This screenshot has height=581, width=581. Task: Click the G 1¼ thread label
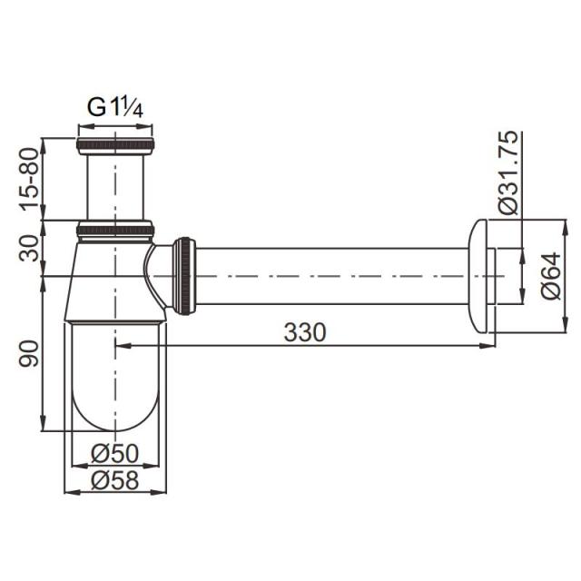click(115, 108)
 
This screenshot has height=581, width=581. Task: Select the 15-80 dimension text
click(30, 179)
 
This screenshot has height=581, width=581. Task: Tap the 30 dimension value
click(29, 248)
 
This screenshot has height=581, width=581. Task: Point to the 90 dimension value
click(29, 353)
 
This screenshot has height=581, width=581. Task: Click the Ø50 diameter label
click(115, 453)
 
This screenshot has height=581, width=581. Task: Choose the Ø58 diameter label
click(115, 480)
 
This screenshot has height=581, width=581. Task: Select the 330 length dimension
click(305, 332)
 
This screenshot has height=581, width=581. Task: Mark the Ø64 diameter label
click(551, 275)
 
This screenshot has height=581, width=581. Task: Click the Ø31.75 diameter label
click(507, 172)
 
